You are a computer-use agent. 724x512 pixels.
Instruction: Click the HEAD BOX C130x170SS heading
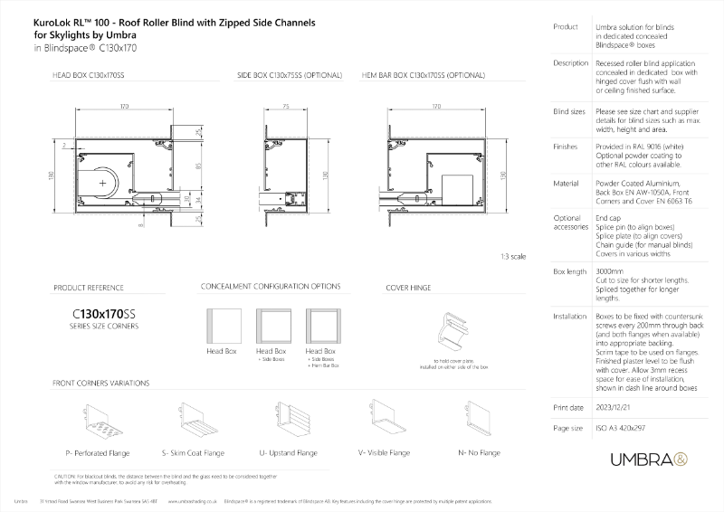tap(89, 79)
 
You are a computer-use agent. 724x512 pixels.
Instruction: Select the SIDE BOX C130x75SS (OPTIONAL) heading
tap(282, 79)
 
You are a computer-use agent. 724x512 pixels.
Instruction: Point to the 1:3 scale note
tap(513, 257)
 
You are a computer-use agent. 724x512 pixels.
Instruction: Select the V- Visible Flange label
tap(383, 450)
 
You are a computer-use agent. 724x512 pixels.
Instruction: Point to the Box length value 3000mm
tap(611, 271)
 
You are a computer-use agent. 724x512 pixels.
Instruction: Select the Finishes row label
tap(565, 144)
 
